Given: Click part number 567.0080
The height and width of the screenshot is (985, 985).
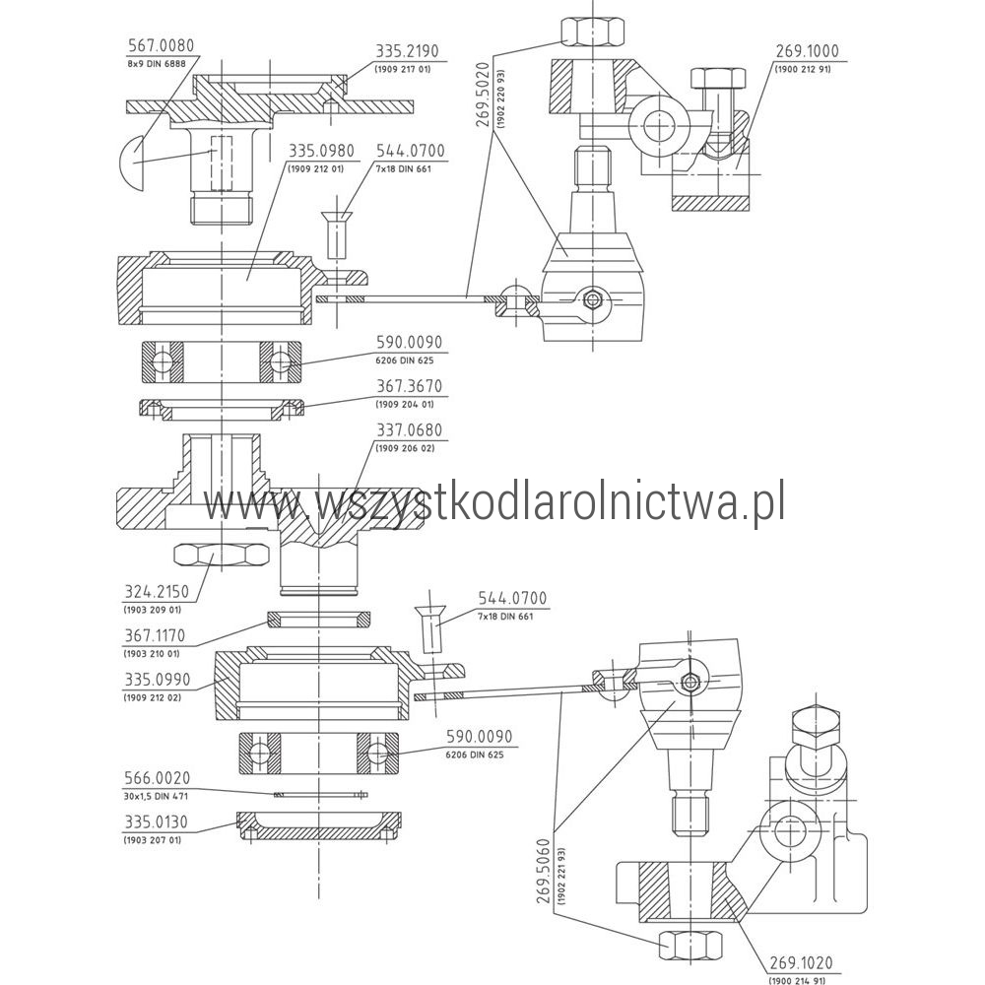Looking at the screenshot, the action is tap(161, 46).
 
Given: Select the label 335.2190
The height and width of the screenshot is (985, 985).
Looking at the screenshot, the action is tap(407, 51).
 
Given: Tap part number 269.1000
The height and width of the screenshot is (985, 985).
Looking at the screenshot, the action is tap(808, 51).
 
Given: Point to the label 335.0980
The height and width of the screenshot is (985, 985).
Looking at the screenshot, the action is tap(321, 152).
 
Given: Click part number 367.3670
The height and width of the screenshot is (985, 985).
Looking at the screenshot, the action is tap(409, 386).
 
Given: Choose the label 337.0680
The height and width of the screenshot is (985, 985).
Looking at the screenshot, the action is tap(409, 430).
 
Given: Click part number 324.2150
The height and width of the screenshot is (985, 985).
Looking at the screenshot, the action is tap(156, 591).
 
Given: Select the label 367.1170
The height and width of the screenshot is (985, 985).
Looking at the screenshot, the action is tap(155, 635).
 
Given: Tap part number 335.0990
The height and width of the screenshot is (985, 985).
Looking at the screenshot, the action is tap(157, 680).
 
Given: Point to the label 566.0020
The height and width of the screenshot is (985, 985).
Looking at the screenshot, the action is tap(157, 778).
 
